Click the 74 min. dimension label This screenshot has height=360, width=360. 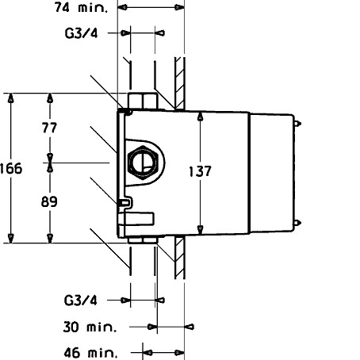[81, 7]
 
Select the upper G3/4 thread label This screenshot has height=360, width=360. [81, 33]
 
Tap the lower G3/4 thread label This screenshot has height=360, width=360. [81, 301]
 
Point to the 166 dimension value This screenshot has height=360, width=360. [11, 169]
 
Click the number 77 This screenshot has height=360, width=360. [49, 128]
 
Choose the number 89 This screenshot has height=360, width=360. [49, 201]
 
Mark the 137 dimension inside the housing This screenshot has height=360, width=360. [200, 171]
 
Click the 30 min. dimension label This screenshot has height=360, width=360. [90, 327]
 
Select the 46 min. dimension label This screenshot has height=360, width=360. [90, 353]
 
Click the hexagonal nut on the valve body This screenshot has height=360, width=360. [143, 163]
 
